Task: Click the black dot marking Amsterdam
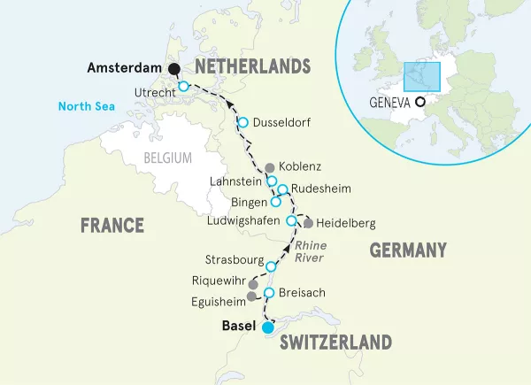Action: tap(174, 69)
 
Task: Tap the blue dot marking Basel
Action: tap(267, 327)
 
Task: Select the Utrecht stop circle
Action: tap(183, 86)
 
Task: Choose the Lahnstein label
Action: tap(235, 181)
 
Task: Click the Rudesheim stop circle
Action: tap(282, 189)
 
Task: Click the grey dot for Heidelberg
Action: tap(308, 223)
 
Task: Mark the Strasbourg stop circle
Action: tap(272, 266)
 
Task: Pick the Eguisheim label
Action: tap(215, 301)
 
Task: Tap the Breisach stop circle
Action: tap(269, 293)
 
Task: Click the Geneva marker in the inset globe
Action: tap(420, 102)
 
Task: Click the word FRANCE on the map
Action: tap(112, 225)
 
